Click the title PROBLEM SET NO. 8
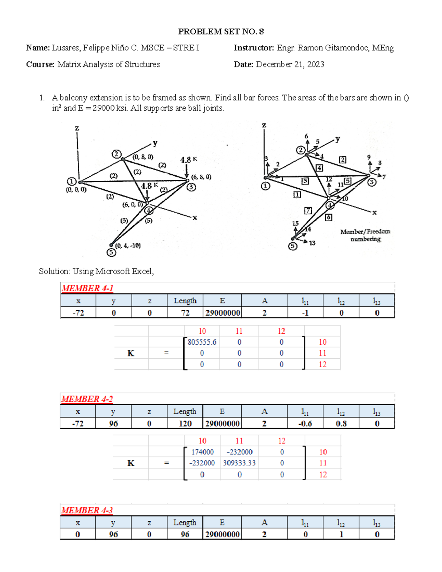coord(221,32)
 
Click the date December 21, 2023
coord(290,64)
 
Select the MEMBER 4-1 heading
coord(87,288)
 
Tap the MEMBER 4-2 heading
coord(87,399)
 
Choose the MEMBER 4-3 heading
coord(87,510)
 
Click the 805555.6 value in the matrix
coord(202,342)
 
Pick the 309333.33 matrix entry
coord(239,463)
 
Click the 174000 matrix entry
coord(202,452)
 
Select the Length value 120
coord(185,424)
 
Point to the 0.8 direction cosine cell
coord(341,424)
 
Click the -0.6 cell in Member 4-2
coord(305,424)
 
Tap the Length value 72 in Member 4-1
coord(185,313)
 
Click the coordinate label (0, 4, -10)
coord(128,246)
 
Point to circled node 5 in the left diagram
coord(111,252)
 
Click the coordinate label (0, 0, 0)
coord(76,190)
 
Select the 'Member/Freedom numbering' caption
coord(365,235)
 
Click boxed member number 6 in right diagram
coord(329,217)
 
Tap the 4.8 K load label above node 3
coord(188,160)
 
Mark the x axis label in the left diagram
coord(195,218)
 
